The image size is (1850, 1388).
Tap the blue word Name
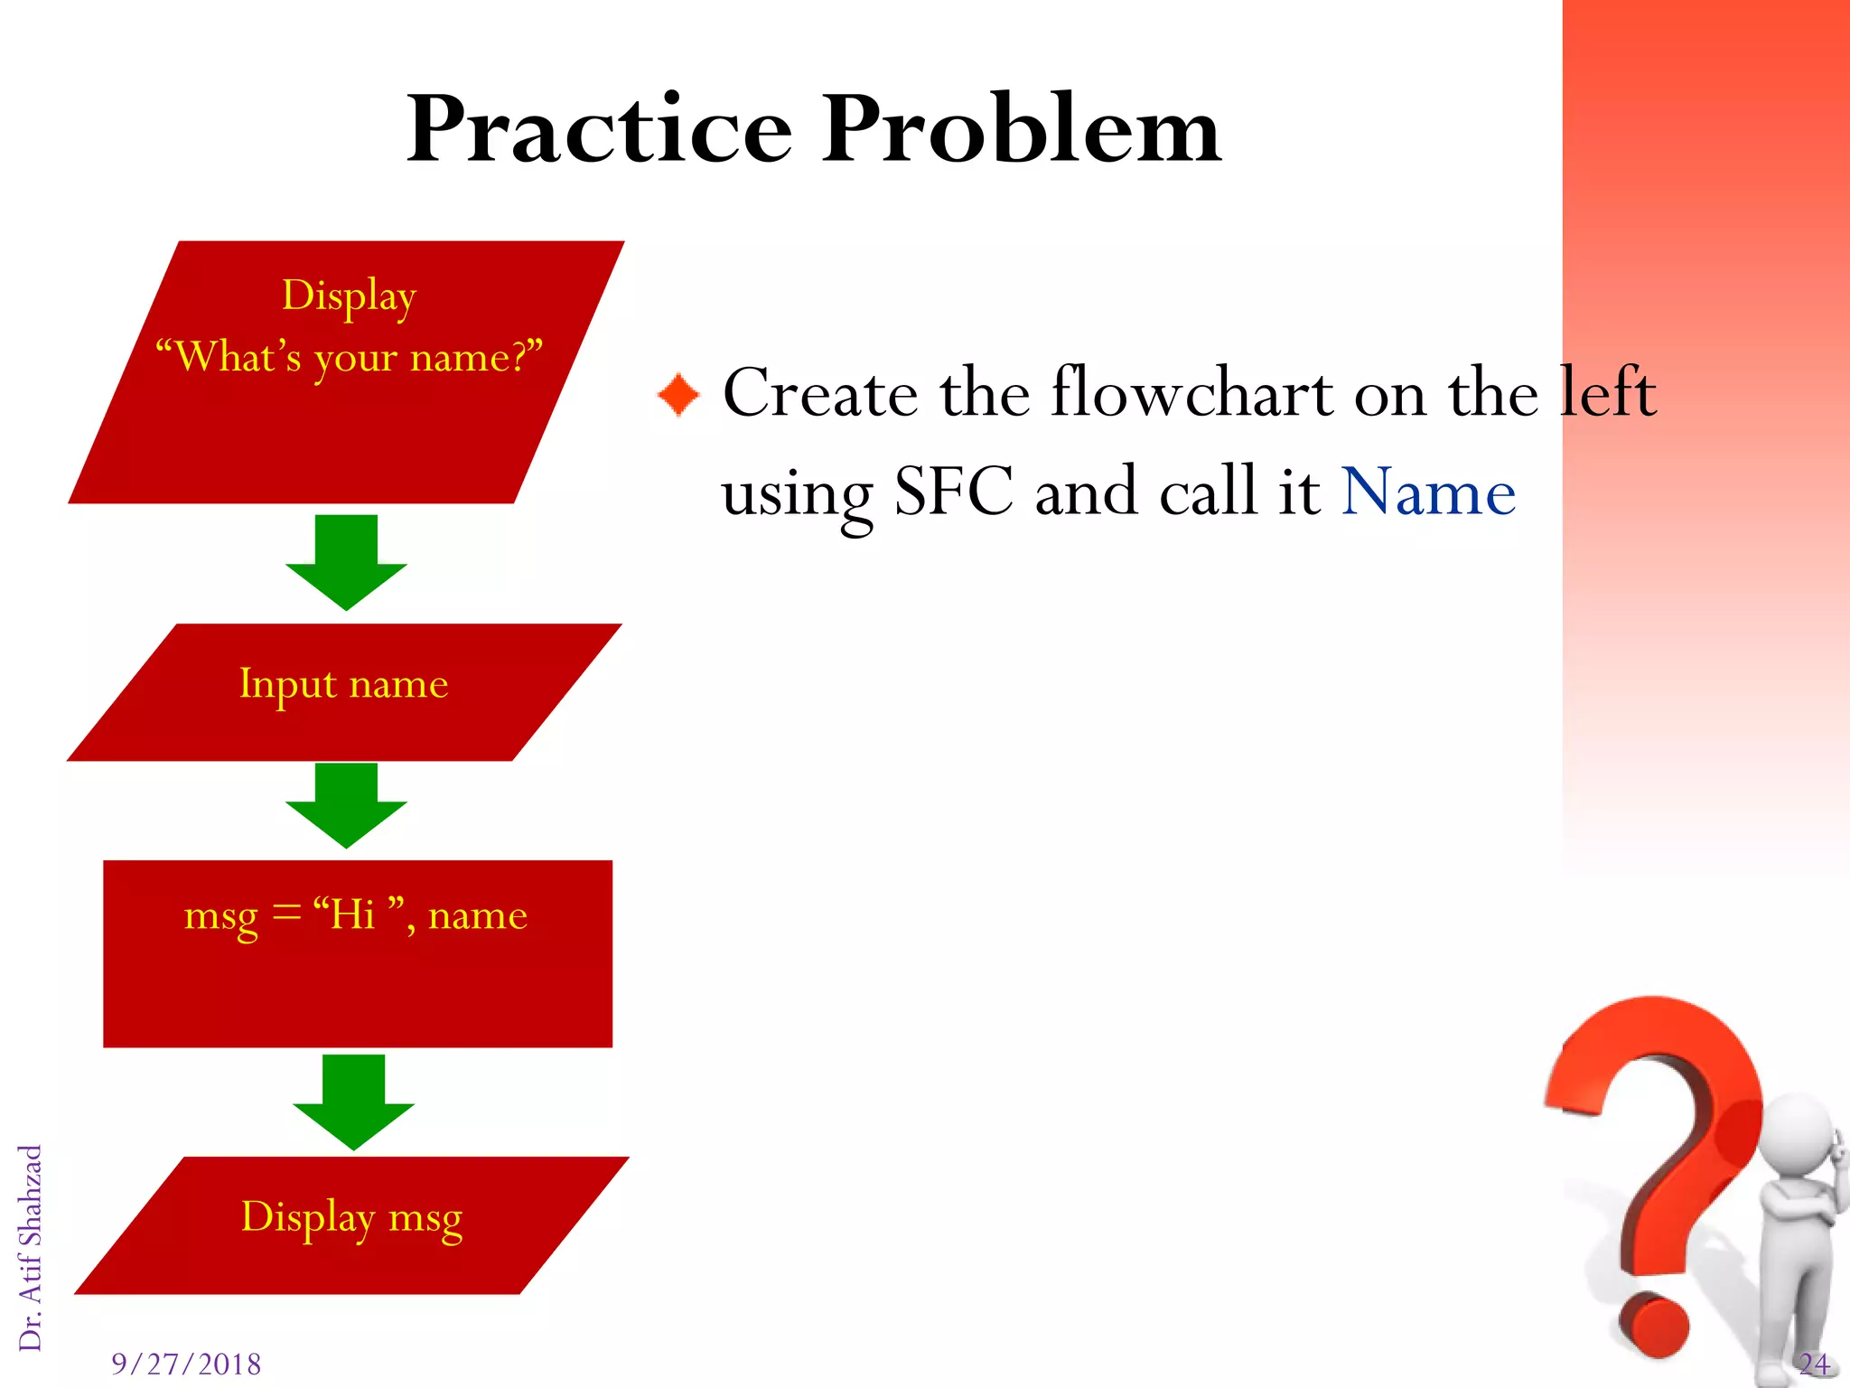[x=1428, y=492]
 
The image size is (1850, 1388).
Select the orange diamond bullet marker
[x=678, y=395]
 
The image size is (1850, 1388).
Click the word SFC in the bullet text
[x=954, y=492]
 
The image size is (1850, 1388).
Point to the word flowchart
[x=1192, y=394]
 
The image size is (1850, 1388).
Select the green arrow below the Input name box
[x=346, y=804]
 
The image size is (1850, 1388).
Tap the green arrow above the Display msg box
[x=353, y=1102]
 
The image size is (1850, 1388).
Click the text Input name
[x=343, y=684]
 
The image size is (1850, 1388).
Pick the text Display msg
[x=351, y=1217]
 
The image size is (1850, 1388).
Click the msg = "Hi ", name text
[x=355, y=915]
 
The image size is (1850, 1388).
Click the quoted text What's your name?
[x=349, y=357]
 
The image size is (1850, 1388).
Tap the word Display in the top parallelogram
[x=349, y=295]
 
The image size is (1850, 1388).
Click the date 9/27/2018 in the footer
[x=186, y=1364]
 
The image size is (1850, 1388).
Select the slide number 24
[x=1813, y=1364]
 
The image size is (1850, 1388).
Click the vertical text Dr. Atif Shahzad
[x=31, y=1247]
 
